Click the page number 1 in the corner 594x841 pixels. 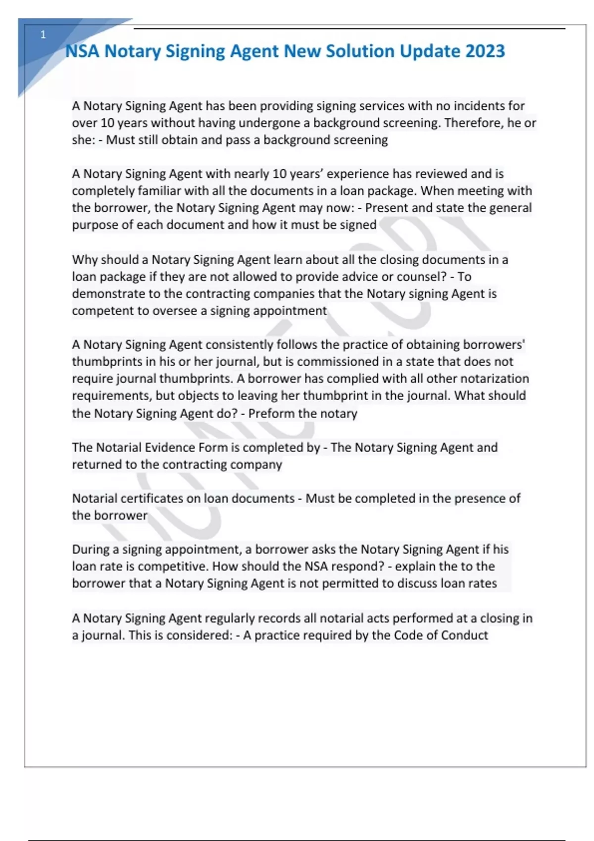[x=43, y=35]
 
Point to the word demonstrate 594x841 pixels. [x=107, y=294]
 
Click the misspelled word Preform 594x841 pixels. [x=270, y=414]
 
